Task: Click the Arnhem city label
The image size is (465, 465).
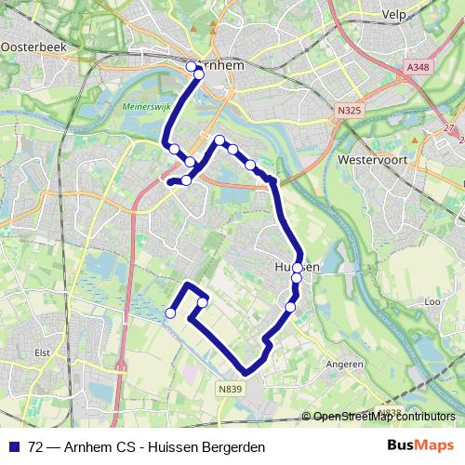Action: pos(223,66)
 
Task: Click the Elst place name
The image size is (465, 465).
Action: pos(41,352)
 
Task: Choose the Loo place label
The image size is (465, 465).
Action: pos(431,302)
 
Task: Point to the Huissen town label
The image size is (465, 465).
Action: pos(298,267)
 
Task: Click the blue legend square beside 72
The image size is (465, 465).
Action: pos(14,446)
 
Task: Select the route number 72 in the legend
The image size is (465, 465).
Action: pos(36,446)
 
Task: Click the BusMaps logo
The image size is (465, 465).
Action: pos(420,445)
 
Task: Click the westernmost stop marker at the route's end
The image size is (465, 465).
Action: pos(170,313)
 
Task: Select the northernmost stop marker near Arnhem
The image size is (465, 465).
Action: pos(192,66)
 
